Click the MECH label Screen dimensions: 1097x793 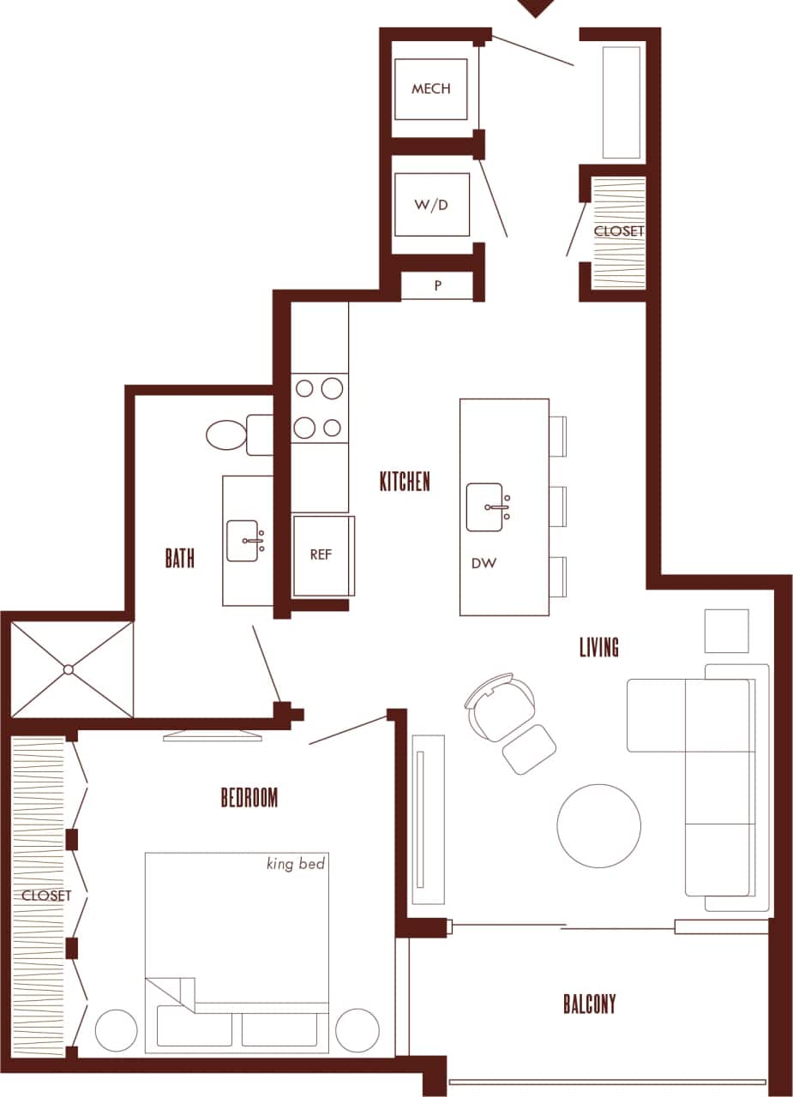pyautogui.click(x=430, y=89)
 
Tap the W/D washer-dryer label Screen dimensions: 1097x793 pyautogui.click(x=430, y=206)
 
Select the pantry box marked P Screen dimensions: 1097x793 pyautogui.click(x=437, y=286)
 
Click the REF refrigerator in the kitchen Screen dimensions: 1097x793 pyautogui.click(x=321, y=554)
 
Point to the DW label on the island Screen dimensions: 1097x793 pyautogui.click(x=482, y=564)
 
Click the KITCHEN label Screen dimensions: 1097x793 pyautogui.click(x=405, y=482)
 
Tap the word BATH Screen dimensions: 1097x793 pyautogui.click(x=180, y=559)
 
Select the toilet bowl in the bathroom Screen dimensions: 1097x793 pyautogui.click(x=225, y=435)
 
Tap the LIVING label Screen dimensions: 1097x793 pyautogui.click(x=599, y=647)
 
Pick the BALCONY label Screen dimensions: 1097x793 pyautogui.click(x=590, y=1004)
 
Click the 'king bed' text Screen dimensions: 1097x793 pyautogui.click(x=296, y=864)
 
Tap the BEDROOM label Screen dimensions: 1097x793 pyautogui.click(x=249, y=798)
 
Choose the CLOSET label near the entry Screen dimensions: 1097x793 pyautogui.click(x=619, y=231)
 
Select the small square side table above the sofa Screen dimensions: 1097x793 pyautogui.click(x=726, y=631)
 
